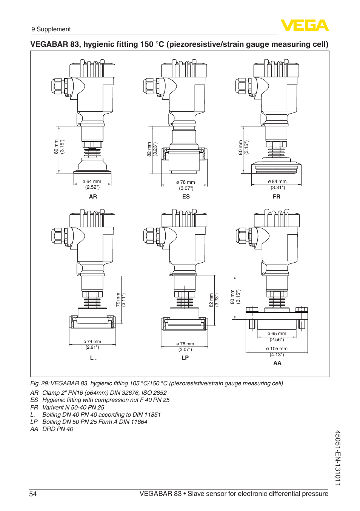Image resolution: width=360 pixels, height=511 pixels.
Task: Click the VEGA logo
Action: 304,26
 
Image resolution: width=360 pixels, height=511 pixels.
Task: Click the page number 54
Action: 33,494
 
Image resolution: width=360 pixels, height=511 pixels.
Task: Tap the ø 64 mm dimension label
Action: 92,182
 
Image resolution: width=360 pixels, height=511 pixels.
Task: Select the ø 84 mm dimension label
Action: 277,182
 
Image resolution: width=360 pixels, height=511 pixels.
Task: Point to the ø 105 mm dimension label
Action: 277,349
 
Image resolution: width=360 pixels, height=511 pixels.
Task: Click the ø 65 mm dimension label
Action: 277,334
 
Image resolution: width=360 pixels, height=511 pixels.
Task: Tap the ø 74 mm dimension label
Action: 92,342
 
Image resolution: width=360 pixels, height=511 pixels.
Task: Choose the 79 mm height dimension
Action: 118,300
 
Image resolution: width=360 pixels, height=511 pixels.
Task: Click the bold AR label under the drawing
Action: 93,197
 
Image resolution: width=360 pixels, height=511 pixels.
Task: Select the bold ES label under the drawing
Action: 186,197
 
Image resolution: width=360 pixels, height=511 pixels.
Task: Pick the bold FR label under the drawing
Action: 277,197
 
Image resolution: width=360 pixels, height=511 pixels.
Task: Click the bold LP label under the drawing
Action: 185,358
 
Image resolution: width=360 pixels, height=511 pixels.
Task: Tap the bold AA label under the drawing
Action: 277,363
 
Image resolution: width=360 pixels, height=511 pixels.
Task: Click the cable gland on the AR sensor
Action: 58,86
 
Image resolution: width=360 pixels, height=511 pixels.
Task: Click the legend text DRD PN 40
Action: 58,429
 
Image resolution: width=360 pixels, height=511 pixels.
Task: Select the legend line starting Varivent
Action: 73,408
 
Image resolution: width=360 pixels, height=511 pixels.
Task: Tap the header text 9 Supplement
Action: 51,29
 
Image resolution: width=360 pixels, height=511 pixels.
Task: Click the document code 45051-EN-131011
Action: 338,458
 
